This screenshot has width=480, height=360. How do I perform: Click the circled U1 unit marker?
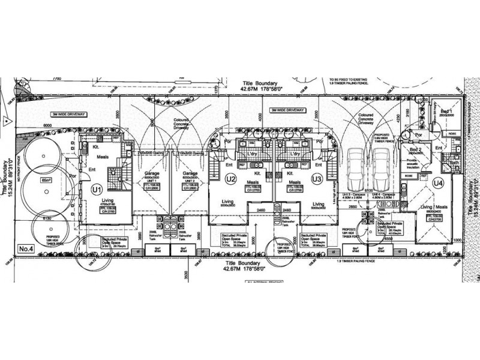(x=95, y=189)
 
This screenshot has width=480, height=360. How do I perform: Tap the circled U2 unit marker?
(x=230, y=179)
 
